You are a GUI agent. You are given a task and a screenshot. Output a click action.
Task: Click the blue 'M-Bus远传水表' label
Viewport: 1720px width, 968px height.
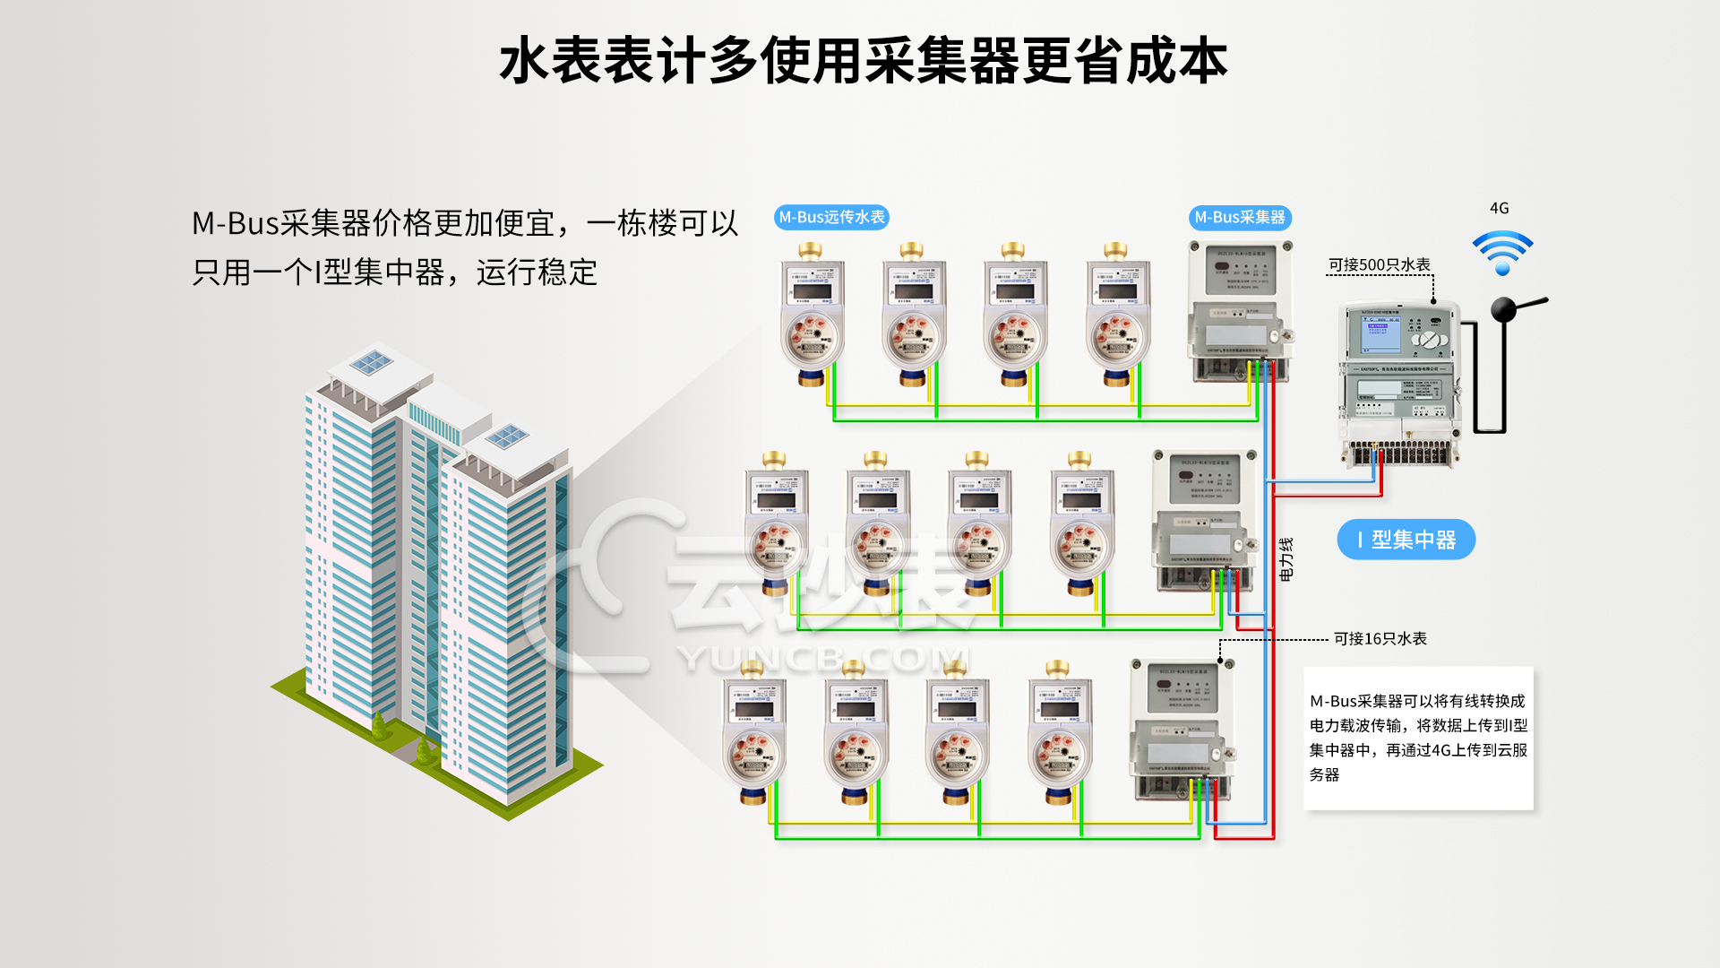coord(831,218)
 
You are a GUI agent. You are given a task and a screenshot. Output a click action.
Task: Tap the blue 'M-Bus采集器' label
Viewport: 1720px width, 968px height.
coord(1240,218)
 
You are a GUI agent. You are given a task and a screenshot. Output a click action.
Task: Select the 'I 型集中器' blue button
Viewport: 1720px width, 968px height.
coord(1406,540)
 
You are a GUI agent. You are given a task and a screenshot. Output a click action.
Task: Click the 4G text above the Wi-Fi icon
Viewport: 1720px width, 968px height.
coord(1499,208)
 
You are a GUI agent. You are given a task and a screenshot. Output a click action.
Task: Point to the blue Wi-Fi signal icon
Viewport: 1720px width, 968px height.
coord(1502,252)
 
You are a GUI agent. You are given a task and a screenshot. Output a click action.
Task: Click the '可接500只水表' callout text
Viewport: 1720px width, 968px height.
coord(1379,264)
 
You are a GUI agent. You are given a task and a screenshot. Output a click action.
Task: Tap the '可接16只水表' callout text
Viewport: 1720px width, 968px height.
coord(1380,638)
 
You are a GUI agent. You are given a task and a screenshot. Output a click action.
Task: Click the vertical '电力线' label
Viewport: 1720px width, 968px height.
coord(1286,559)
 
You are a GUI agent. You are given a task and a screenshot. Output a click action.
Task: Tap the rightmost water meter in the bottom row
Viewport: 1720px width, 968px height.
coord(1059,735)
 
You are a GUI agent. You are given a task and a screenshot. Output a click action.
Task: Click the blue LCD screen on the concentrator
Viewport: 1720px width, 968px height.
coord(1380,333)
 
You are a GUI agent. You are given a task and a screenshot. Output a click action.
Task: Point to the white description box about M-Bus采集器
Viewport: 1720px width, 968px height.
coord(1418,738)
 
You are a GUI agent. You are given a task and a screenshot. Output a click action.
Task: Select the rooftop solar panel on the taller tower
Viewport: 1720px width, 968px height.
coord(370,363)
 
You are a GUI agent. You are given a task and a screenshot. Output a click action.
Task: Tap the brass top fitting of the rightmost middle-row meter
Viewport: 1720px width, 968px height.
coord(1079,461)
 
